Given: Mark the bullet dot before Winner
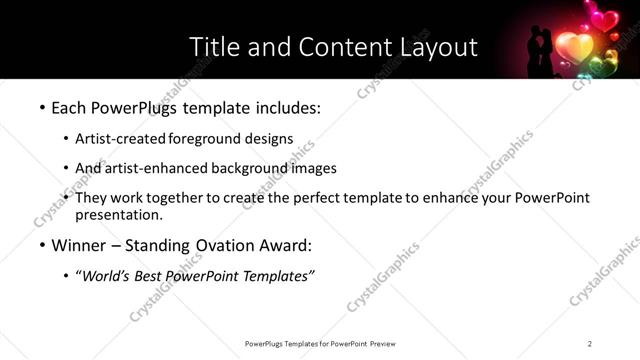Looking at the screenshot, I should tap(41, 246).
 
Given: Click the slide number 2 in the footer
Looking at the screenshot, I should tap(590, 343).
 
